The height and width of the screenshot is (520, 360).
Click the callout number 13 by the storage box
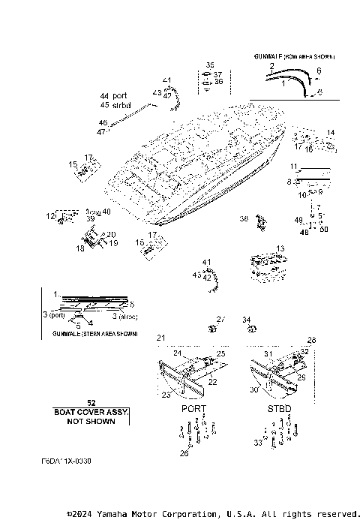click(x=280, y=248)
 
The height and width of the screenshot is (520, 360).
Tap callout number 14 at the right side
click(x=331, y=132)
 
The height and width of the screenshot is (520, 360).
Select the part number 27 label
click(x=220, y=320)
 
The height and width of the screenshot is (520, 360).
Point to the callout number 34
click(x=247, y=320)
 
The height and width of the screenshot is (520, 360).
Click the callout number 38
click(x=243, y=218)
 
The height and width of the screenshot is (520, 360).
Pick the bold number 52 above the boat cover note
click(x=91, y=403)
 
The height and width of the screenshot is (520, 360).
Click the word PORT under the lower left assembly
click(x=194, y=409)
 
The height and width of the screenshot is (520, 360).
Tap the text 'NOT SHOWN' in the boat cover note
click(x=91, y=421)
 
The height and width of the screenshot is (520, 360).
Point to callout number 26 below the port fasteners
click(x=184, y=452)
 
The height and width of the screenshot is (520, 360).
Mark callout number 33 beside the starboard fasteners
click(x=257, y=443)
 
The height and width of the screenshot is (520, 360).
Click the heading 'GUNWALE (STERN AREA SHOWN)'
click(x=90, y=332)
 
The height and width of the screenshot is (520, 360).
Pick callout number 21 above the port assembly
click(x=160, y=339)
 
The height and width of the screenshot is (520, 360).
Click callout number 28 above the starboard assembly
click(x=311, y=340)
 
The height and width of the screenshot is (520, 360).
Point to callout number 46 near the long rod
click(x=102, y=122)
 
